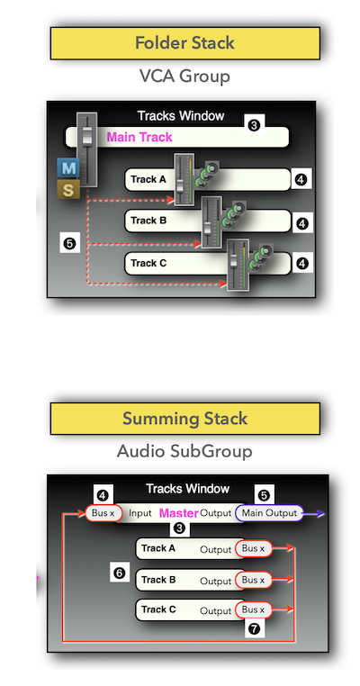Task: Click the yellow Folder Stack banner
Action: coord(185,43)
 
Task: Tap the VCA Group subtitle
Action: coord(184,77)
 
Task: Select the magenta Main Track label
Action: coord(139,138)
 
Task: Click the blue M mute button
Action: coord(68,167)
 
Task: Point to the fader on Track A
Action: coord(184,179)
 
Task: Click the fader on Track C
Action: coord(238,265)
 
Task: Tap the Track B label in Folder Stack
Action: coord(148,221)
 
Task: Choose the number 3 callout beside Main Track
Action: coord(254,126)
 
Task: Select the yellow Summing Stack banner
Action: coord(185,419)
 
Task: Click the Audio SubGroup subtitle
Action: coord(184,451)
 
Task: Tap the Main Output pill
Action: coord(269,513)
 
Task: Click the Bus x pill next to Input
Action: coord(103,513)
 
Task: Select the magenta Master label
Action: coord(179,513)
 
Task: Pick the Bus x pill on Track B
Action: coord(254,580)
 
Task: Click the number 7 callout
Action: coord(255,629)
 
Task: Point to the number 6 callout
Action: coord(120,573)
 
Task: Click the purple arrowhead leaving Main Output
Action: coord(320,513)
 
